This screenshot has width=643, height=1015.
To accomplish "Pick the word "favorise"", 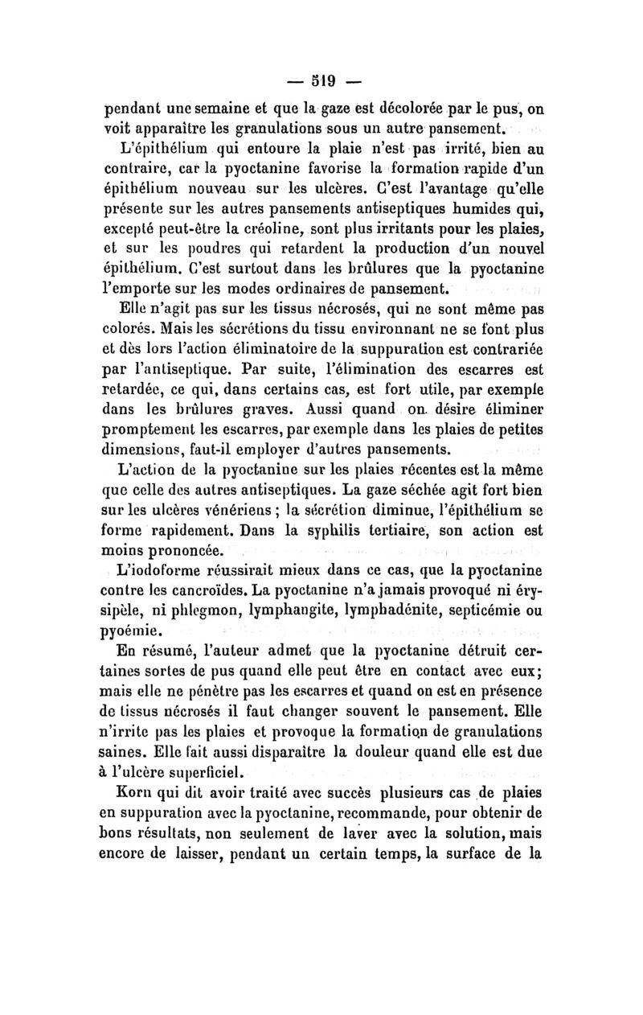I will coord(321,170).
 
